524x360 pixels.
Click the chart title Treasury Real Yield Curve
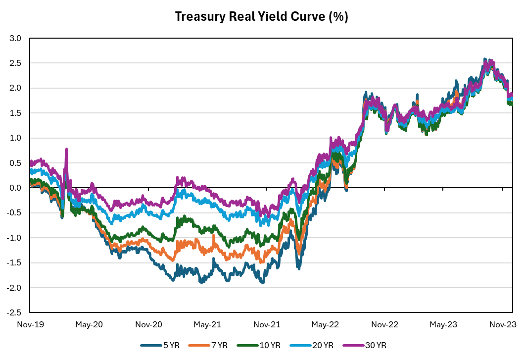(262, 17)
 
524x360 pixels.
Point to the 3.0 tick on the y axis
(15, 38)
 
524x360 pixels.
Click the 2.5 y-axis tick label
(15, 63)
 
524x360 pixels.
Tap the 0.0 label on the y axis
(15, 188)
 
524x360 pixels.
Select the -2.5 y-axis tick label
(14, 313)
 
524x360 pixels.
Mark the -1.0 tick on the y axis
(14, 238)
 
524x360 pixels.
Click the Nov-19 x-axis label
(30, 325)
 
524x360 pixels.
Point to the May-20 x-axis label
(89, 325)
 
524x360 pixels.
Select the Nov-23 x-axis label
(503, 325)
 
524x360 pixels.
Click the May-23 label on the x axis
(444, 325)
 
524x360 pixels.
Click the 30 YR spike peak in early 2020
(66, 149)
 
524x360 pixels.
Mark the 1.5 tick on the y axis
(15, 113)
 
